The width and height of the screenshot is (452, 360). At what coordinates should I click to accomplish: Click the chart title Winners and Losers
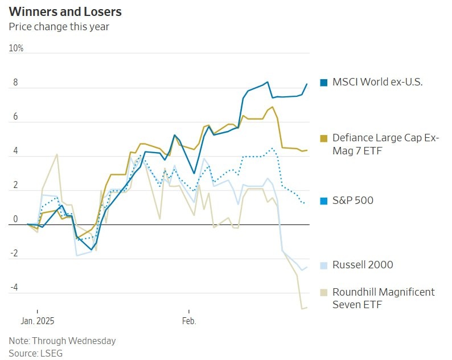[65, 12]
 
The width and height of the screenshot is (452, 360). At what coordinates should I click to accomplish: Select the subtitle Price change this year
[59, 26]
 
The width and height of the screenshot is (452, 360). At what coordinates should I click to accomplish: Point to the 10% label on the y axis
[17, 48]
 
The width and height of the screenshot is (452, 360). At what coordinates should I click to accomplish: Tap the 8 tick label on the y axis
[16, 83]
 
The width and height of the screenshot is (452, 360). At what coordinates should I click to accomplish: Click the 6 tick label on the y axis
[16, 117]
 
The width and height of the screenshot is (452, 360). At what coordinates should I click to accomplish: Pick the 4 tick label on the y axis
[16, 152]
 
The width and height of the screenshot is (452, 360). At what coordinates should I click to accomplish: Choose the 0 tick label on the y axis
[16, 220]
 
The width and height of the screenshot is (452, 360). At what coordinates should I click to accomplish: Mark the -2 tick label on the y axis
[15, 254]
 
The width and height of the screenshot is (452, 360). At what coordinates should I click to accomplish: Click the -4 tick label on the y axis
[15, 288]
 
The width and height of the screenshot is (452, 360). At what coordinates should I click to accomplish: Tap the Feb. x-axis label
[189, 321]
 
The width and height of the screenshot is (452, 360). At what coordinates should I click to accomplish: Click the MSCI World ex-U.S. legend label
[377, 82]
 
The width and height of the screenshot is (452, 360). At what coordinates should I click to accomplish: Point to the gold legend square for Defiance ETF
[324, 138]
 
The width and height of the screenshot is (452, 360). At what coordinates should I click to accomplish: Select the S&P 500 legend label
[353, 201]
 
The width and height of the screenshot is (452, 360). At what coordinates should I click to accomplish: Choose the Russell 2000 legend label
[363, 265]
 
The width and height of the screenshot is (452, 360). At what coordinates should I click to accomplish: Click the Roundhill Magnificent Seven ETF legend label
[383, 298]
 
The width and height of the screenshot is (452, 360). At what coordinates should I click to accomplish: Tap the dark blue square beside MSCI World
[324, 82]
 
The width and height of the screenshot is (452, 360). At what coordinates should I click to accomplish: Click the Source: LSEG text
[35, 353]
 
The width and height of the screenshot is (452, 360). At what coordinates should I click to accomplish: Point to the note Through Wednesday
[62, 341]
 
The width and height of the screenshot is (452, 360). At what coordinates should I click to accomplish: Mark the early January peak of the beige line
[57, 154]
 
